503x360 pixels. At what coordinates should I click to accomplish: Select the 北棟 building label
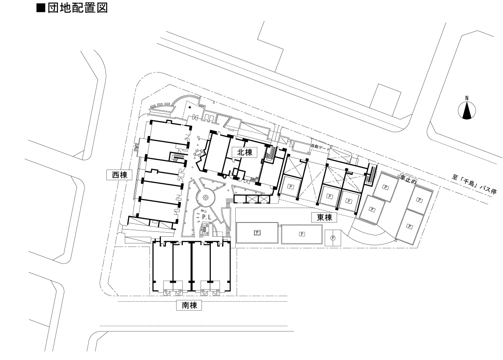(244, 152)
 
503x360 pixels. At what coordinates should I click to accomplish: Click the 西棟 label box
(120, 175)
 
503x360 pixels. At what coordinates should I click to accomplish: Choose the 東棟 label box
(324, 218)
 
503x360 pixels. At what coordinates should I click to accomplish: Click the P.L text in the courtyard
(206, 217)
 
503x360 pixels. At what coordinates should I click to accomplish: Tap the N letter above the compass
(467, 98)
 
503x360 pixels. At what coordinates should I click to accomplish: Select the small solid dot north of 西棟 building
(189, 107)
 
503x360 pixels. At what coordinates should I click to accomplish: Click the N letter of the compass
(467, 98)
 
